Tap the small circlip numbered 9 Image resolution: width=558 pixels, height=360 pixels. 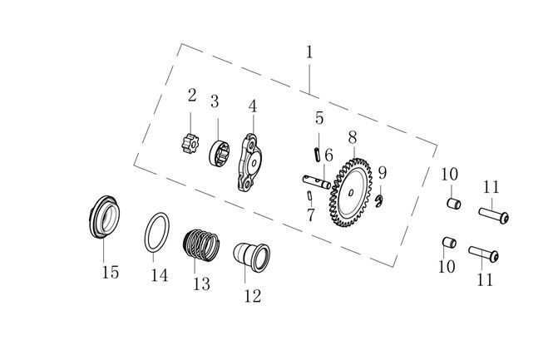click(380, 201)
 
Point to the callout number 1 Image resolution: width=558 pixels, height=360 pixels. click(309, 52)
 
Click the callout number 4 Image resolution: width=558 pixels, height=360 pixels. click(252, 106)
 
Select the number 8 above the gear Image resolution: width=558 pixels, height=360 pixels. click(353, 136)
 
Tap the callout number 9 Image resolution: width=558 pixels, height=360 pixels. click(382, 173)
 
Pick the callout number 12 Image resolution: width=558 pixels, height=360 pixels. click(252, 294)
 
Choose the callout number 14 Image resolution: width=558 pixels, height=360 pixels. click(159, 274)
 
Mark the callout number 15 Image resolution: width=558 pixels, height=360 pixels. click(110, 272)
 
